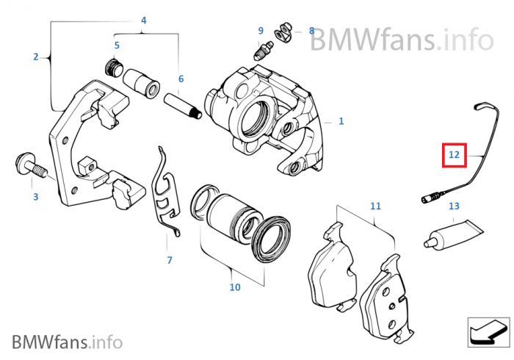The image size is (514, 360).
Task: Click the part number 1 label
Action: [341, 121]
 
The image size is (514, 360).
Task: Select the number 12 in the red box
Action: [454, 155]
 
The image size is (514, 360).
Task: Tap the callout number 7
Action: [169, 260]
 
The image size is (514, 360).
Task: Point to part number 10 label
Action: [234, 287]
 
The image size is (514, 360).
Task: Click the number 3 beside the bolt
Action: [35, 197]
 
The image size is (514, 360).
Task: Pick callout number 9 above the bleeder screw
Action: [260, 30]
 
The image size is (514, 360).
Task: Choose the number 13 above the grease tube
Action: [454, 206]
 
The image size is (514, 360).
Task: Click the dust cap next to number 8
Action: [286, 32]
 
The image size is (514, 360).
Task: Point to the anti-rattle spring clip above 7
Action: [167, 193]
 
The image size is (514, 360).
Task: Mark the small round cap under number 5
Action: [115, 68]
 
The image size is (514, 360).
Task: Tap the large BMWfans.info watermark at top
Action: [400, 38]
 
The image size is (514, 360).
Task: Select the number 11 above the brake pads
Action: [375, 206]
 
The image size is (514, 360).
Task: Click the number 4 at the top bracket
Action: [143, 20]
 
